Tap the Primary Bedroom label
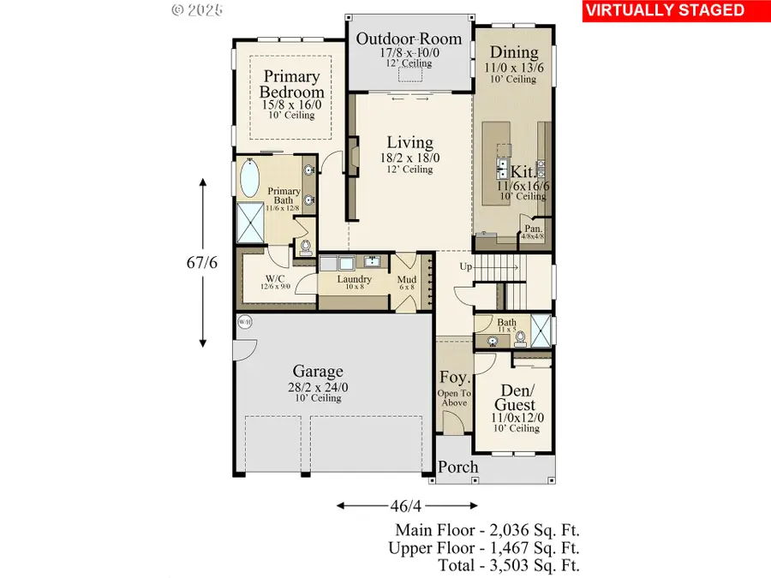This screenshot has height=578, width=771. click(x=293, y=84)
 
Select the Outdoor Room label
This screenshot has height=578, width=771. click(x=409, y=39)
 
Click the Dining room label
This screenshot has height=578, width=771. click(x=514, y=52)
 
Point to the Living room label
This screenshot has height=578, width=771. click(x=409, y=142)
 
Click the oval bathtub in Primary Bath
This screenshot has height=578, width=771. click(x=249, y=180)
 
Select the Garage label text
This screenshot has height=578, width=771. click(x=318, y=371)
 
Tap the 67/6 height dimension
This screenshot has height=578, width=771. click(x=202, y=263)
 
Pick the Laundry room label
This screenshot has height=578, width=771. click(x=354, y=279)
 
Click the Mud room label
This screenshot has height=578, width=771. click(x=406, y=279)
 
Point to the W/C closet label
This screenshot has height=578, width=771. click(x=275, y=279)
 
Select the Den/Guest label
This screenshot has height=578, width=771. click(x=514, y=396)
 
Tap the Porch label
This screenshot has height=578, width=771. click(x=458, y=468)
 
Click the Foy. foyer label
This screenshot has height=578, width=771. click(x=452, y=378)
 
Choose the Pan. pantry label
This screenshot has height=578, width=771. click(x=535, y=229)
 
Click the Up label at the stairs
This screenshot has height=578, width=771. click(x=466, y=266)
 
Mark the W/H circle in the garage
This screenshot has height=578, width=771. click(x=244, y=322)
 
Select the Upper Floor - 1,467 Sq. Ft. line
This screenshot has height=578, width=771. click(x=484, y=548)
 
